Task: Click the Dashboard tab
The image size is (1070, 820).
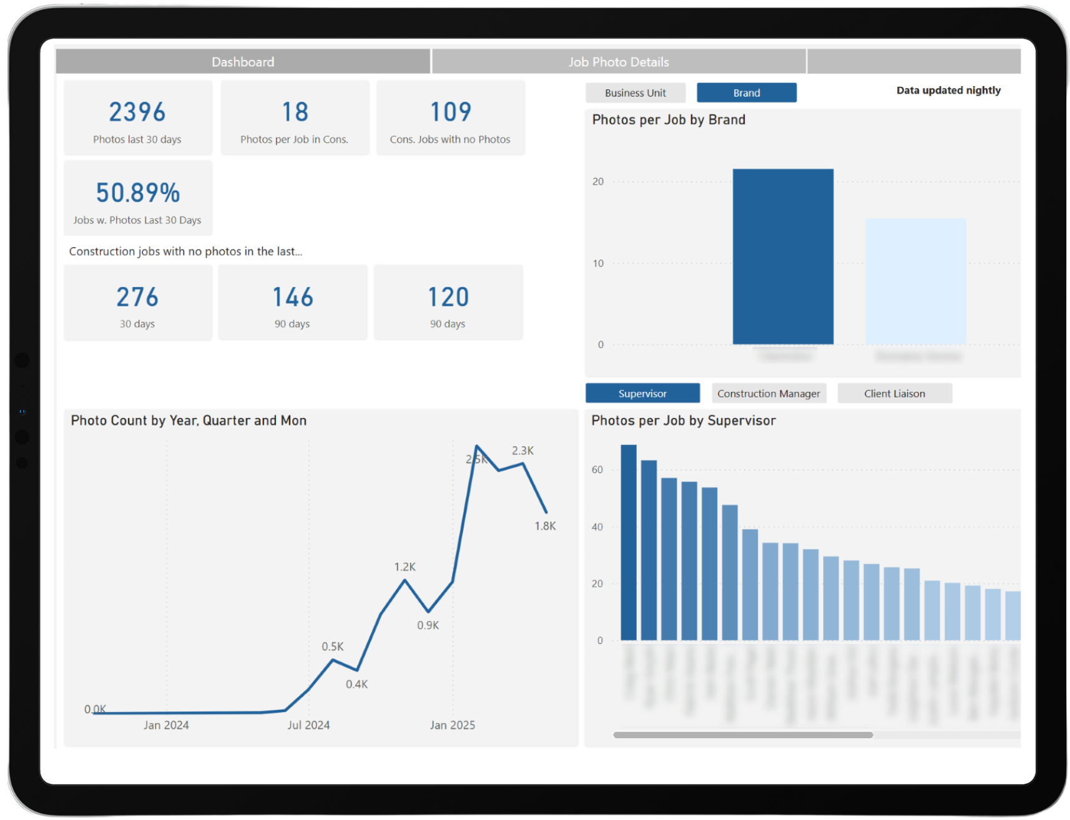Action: tap(243, 62)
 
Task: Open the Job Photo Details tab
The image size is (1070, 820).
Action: tap(618, 62)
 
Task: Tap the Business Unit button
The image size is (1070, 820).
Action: tap(635, 93)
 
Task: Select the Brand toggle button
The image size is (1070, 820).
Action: tap(746, 93)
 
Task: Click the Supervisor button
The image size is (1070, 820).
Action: tap(642, 394)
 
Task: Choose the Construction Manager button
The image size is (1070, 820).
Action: tap(768, 394)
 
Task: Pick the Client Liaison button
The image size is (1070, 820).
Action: tap(894, 394)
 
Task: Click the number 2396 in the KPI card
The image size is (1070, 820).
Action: tap(137, 112)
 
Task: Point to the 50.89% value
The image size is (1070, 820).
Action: tap(138, 193)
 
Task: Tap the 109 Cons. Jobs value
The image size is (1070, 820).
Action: tap(450, 112)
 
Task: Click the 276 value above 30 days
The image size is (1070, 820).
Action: tap(137, 297)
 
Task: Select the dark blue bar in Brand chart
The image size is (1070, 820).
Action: tap(782, 256)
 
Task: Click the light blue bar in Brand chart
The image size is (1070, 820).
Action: tap(915, 281)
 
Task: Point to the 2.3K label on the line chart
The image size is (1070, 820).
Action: tap(523, 451)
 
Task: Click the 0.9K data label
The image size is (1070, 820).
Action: tap(428, 625)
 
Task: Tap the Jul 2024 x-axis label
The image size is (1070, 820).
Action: tap(308, 725)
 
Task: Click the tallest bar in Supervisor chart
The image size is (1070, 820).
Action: tap(628, 543)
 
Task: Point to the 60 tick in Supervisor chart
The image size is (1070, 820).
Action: tap(597, 470)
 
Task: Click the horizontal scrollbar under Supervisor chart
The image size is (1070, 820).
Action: tap(743, 735)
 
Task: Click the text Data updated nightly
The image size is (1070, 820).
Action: tap(948, 90)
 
